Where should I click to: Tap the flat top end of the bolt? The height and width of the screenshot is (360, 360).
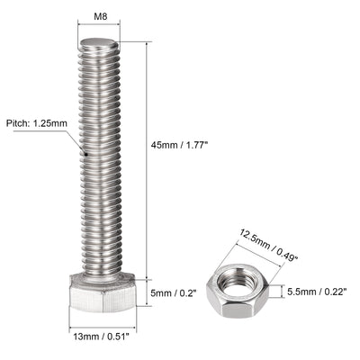[99, 44]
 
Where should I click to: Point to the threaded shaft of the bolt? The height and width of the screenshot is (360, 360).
[99, 162]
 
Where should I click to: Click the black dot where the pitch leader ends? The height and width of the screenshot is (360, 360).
[85, 155]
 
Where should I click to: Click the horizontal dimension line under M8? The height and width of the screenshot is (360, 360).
[99, 31]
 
